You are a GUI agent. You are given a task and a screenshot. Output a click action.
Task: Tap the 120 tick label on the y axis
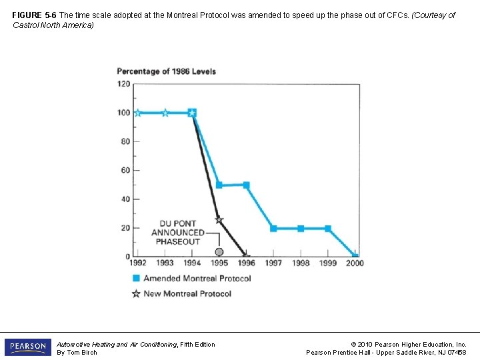click(123, 84)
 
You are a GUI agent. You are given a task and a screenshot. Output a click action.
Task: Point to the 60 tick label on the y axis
click(125, 171)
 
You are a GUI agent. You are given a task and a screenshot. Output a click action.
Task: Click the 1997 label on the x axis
click(273, 263)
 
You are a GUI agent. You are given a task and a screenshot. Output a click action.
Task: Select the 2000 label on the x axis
click(355, 263)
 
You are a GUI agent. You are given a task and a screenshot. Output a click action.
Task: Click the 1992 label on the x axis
click(137, 263)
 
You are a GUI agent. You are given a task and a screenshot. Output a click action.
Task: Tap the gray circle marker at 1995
click(219, 252)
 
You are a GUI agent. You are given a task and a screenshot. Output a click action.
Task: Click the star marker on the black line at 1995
click(219, 220)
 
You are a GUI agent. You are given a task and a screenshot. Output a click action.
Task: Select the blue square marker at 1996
click(246, 185)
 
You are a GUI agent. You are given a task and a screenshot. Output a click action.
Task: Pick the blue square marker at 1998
click(301, 228)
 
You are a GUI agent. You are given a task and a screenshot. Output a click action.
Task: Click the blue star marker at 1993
click(165, 113)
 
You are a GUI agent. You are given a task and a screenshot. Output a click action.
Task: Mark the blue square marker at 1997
click(273, 228)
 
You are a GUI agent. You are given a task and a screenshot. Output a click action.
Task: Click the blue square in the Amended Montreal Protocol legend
click(136, 278)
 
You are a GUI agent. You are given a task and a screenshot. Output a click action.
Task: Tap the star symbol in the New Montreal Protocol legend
click(136, 293)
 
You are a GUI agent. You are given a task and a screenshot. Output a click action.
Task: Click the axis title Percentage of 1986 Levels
click(167, 71)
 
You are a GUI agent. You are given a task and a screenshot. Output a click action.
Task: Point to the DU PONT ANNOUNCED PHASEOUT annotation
click(177, 233)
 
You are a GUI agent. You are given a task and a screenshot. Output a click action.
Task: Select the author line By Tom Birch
click(77, 353)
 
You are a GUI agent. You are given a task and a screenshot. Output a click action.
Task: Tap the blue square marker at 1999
click(327, 228)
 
